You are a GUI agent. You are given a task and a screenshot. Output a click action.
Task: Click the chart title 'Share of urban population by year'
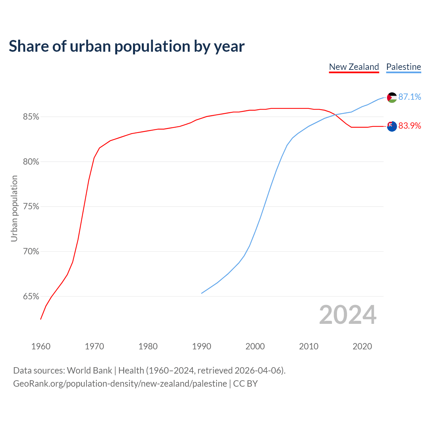(x=127, y=46)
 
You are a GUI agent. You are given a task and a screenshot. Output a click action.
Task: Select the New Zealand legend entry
(x=354, y=67)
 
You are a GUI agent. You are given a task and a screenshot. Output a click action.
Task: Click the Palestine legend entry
(x=403, y=67)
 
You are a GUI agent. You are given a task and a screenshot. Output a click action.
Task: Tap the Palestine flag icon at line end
(x=392, y=97)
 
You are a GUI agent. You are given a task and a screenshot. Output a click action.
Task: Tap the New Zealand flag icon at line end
(x=392, y=126)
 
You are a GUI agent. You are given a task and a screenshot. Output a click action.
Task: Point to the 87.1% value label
(x=410, y=97)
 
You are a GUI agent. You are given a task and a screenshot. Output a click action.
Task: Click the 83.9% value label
(x=410, y=126)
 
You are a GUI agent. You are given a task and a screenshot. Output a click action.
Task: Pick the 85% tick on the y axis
(x=31, y=117)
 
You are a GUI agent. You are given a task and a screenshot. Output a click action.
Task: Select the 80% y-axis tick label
(x=31, y=162)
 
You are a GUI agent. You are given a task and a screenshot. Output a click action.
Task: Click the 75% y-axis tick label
(x=31, y=207)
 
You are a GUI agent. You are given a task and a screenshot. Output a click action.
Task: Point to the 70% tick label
(x=31, y=252)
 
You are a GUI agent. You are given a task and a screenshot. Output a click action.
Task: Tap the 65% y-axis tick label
(x=31, y=297)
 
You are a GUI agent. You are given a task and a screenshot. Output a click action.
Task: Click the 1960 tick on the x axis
(x=41, y=346)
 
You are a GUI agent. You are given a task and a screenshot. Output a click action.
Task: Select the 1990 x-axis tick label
(x=202, y=346)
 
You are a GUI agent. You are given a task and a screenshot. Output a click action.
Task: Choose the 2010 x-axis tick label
(x=309, y=346)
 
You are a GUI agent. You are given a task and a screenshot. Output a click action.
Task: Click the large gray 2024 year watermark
(x=348, y=315)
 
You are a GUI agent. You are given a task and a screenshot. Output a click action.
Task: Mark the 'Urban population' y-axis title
(x=14, y=208)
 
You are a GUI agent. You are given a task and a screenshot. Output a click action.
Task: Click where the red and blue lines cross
(x=335, y=115)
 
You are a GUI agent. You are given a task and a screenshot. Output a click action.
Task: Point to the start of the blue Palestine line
(x=202, y=293)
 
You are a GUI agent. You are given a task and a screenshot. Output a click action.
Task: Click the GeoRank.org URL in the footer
(x=120, y=384)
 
